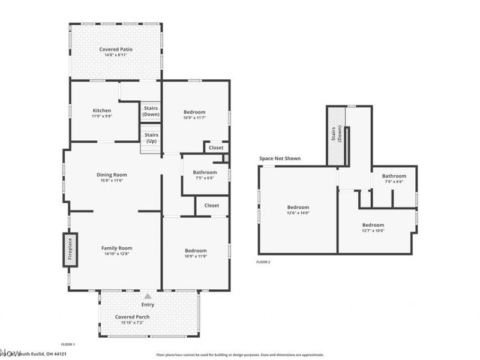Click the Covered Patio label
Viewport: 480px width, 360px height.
point(116,49)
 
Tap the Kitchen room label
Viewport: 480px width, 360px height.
point(101,110)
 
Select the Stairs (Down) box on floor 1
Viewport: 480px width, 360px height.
point(151,111)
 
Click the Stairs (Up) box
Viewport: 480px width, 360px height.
point(151,139)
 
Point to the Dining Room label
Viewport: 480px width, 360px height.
point(112,175)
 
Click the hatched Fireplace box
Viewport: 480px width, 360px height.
point(70,249)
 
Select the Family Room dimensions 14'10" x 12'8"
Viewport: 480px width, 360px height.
point(116,254)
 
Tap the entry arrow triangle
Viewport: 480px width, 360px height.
point(148,296)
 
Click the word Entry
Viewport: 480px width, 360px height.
point(148,305)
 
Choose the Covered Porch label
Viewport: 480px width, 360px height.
point(133,317)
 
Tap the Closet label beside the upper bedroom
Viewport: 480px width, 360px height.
point(216,148)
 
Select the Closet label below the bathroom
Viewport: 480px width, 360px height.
point(211,205)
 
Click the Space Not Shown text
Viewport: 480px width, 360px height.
point(280,158)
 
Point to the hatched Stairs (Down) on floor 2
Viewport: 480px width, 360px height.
point(337,136)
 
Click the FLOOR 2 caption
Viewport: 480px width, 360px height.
point(263,262)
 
